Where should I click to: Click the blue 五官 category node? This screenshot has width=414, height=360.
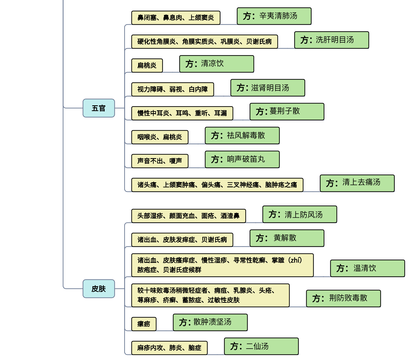[x=99, y=108]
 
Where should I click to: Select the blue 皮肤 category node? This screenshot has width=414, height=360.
[x=99, y=289]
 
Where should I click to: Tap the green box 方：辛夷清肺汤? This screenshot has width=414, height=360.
[x=274, y=16]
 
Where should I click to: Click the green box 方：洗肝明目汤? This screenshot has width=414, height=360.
[x=331, y=40]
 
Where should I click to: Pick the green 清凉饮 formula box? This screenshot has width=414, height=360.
[x=217, y=64]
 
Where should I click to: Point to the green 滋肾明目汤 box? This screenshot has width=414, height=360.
[x=268, y=88]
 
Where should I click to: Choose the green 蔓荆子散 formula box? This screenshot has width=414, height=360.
[x=287, y=111]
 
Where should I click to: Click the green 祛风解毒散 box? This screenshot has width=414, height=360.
[x=242, y=135]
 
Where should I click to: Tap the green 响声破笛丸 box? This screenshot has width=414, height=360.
[x=242, y=159]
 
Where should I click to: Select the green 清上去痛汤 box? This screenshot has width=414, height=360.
[x=357, y=183]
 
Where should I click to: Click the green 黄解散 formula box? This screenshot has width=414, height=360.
[x=287, y=238]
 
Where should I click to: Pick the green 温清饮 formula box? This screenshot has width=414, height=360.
[x=367, y=268]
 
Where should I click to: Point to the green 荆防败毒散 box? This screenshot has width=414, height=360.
[x=343, y=298]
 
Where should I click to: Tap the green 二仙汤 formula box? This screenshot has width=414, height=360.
[x=261, y=346]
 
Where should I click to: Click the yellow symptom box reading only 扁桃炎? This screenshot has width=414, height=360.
[x=147, y=65]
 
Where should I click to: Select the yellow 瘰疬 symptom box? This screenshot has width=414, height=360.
[x=144, y=324]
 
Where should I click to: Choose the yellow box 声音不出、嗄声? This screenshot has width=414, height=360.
[x=160, y=161]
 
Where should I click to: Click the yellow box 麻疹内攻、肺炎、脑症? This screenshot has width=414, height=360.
[x=169, y=348]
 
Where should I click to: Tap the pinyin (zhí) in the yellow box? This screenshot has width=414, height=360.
[x=295, y=260]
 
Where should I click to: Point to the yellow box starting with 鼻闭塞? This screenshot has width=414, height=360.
[x=176, y=18]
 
